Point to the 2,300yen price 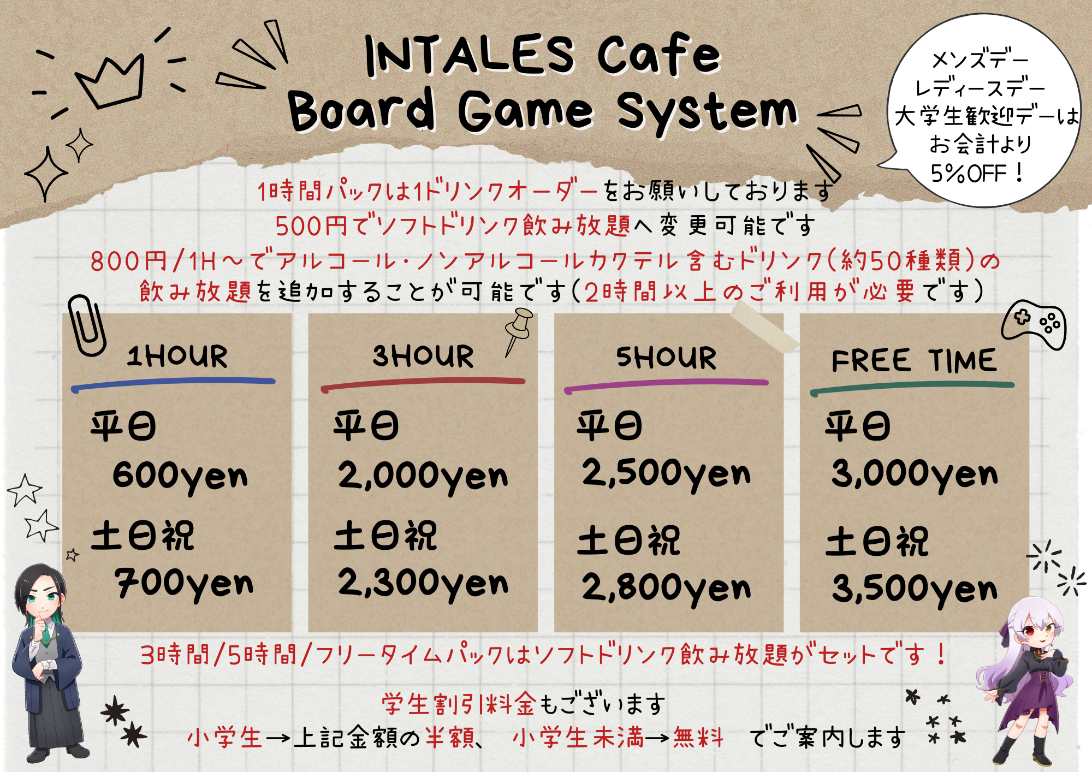point(423,584)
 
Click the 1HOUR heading point(177,357)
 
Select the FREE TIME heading point(913,361)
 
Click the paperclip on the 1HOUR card point(87,326)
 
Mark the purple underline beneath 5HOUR point(666,385)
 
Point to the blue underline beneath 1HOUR point(173,384)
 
